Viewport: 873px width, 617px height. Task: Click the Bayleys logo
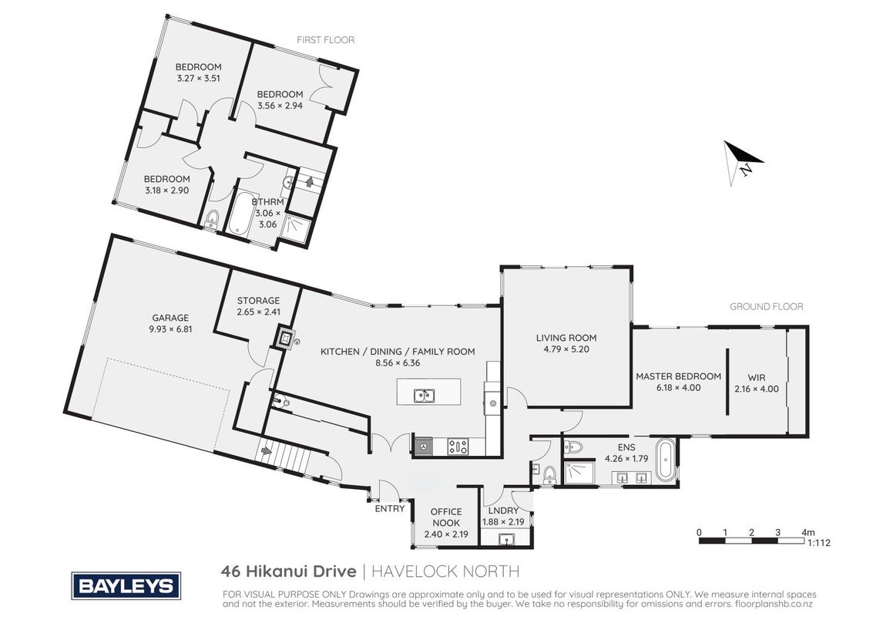point(126,586)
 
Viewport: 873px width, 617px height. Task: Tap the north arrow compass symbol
point(741,160)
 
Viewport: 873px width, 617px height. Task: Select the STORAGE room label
point(258,301)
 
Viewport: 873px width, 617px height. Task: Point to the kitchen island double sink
point(425,396)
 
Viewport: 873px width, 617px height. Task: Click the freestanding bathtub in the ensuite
point(665,460)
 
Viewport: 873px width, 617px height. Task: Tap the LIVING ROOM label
point(566,338)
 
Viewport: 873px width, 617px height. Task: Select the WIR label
point(757,378)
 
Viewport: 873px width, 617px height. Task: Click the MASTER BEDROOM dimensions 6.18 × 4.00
point(678,388)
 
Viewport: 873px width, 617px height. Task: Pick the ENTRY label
point(390,508)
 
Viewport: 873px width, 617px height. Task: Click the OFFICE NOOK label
point(446,518)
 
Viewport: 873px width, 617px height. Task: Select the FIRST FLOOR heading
point(325,39)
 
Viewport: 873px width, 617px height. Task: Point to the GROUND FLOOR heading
point(766,306)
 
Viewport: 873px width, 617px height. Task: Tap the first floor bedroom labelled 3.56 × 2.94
point(280,99)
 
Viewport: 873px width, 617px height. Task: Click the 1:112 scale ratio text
point(818,543)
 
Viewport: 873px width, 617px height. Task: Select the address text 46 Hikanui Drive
point(288,571)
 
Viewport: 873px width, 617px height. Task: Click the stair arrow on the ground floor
point(266,449)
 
